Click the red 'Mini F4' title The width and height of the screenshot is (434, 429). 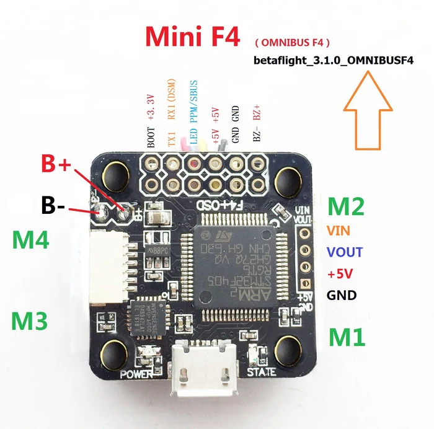(192, 37)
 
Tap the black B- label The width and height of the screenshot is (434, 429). (53, 205)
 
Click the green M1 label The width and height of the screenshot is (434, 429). (347, 337)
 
